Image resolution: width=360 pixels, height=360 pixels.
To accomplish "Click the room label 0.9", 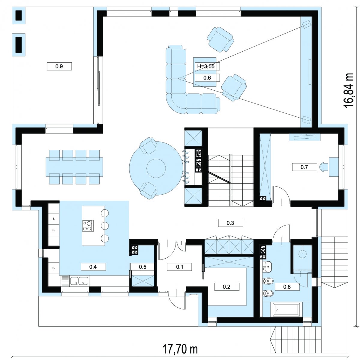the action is [59, 66].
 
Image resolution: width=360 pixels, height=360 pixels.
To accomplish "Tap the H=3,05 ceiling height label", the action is [206, 66].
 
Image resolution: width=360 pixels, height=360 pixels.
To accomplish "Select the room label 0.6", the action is [207, 78].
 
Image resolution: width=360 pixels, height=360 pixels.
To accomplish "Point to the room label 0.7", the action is [304, 167].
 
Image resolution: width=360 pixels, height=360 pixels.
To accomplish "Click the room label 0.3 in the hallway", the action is [230, 223].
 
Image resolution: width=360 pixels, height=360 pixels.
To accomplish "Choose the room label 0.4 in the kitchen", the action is [93, 267].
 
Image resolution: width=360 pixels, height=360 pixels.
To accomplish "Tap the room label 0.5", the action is [142, 267].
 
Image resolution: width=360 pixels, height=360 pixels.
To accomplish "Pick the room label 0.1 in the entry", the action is [179, 267].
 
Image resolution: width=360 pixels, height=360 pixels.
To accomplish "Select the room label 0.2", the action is [226, 286].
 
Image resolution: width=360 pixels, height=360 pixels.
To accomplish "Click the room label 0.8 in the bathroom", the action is [287, 286].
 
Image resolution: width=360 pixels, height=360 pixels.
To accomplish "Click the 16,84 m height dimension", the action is [349, 90].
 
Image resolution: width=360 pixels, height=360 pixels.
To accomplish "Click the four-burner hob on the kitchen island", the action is [88, 226].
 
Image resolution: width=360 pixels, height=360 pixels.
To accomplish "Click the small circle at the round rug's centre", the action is [156, 168].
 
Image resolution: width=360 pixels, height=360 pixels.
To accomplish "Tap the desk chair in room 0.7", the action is [324, 167].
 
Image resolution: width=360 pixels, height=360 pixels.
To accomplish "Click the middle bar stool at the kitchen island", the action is [105, 226].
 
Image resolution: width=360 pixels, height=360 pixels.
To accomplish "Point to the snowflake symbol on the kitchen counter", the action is [54, 219].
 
